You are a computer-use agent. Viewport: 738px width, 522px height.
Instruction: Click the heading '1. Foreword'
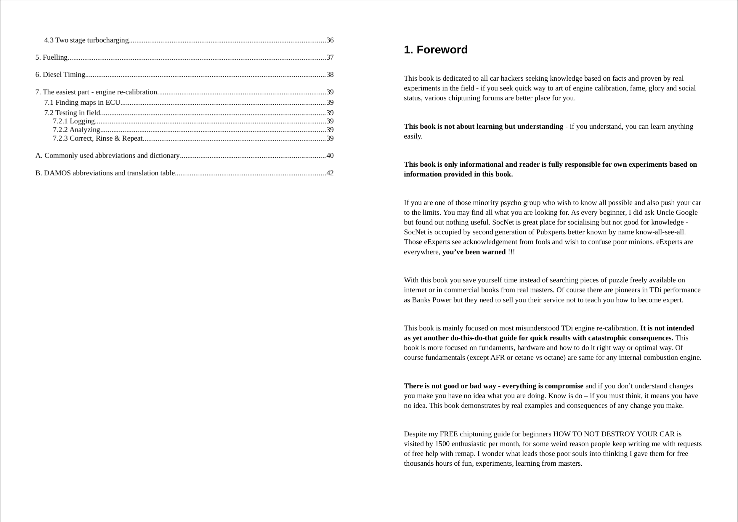436,50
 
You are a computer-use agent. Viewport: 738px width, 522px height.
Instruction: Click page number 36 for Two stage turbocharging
330,40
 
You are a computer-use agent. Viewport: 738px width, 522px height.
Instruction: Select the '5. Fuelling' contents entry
52,57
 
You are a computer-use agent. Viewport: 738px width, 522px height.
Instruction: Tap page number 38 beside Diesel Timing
330,75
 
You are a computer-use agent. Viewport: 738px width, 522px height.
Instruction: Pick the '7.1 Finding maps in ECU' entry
82,102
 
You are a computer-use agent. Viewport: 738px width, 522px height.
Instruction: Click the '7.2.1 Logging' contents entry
74,121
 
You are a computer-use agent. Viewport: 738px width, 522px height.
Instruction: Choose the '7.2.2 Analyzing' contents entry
76,130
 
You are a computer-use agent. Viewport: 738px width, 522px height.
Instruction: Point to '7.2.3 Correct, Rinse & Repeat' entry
98,139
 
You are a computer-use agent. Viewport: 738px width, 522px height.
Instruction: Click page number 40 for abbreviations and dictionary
330,156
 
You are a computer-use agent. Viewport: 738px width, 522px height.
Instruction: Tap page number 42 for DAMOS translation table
330,173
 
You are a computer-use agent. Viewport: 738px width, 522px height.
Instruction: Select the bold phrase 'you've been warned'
474,252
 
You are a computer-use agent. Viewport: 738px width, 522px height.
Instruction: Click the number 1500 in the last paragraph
442,444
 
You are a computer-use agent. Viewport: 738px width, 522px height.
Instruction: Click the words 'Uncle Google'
677,212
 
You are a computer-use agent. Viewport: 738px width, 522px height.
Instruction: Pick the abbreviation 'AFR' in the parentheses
497,358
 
